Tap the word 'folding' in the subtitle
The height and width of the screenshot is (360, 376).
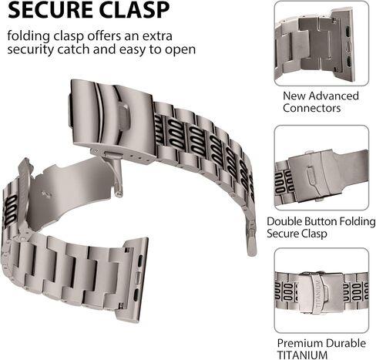[29, 36]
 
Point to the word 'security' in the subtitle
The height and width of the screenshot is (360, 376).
[31, 50]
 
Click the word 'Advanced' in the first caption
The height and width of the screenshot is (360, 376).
[334, 96]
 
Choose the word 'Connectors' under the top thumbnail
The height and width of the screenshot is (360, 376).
[312, 108]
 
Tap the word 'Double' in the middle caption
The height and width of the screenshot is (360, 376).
[283, 221]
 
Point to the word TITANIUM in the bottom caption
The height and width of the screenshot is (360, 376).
[303, 355]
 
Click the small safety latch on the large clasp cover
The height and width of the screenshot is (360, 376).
[124, 117]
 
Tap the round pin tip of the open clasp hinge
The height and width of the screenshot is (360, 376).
[119, 193]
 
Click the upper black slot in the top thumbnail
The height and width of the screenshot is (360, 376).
[347, 32]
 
